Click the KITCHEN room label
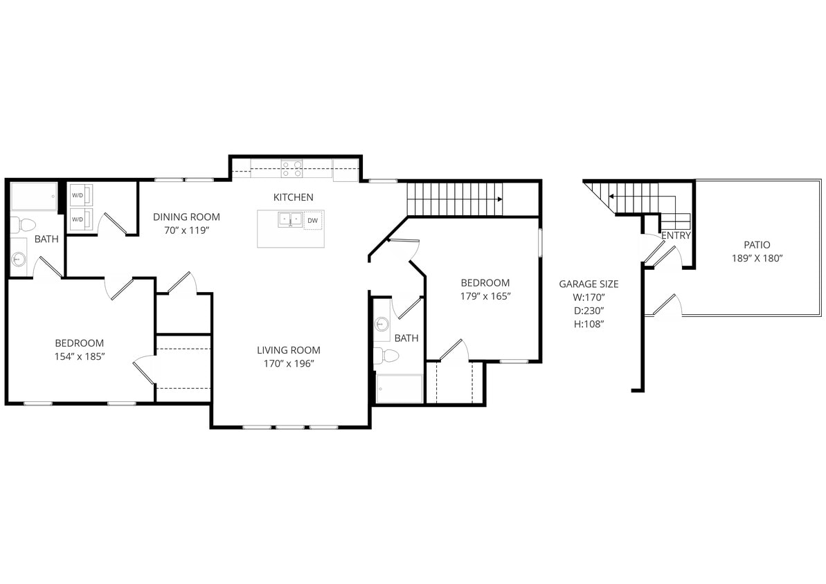(293, 197)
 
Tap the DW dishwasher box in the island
(312, 221)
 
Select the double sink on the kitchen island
(290, 219)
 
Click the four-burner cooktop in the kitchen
(291, 168)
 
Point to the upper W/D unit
(78, 195)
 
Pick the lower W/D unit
(78, 220)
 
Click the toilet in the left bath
(25, 225)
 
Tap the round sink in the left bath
(19, 260)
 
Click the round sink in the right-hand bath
(381, 324)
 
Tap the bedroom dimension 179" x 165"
(485, 296)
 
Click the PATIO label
(757, 244)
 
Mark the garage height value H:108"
(589, 324)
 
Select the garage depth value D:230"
(589, 311)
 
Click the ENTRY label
(676, 235)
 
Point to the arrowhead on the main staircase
(499, 199)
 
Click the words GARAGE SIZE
(589, 284)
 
